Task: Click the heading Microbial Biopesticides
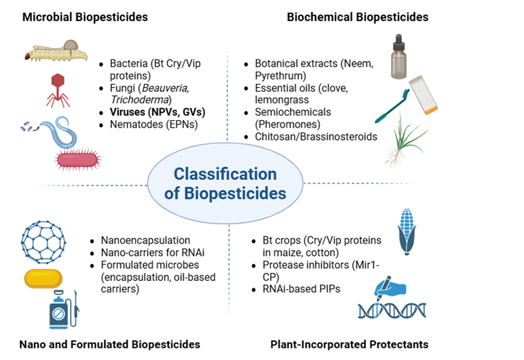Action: [x=85, y=17]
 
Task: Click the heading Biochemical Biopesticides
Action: [x=357, y=17]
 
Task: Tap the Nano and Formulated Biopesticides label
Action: [x=110, y=344]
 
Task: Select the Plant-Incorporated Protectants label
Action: [x=349, y=344]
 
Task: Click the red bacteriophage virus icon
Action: [x=59, y=88]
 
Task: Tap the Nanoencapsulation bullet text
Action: [x=145, y=240]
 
